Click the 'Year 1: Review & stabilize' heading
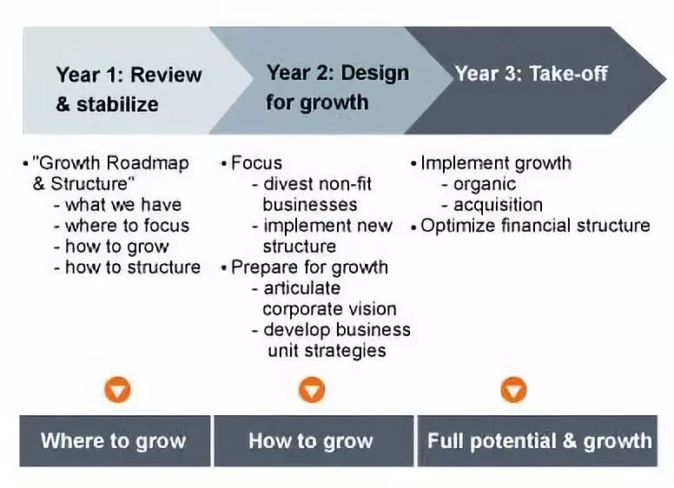129,89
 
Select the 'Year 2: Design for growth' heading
337,88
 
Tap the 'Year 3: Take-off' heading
532,74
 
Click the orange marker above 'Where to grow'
117,390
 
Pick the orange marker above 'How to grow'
312,390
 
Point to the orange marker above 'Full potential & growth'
513,390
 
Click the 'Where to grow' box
115,441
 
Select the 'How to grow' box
314,441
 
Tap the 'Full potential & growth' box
538,441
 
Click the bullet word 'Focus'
256,163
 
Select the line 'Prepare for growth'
309,267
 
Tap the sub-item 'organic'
485,185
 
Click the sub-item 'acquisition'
499,205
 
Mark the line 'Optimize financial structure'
535,226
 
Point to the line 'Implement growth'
496,163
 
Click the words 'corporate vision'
330,309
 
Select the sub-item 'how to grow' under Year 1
117,247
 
